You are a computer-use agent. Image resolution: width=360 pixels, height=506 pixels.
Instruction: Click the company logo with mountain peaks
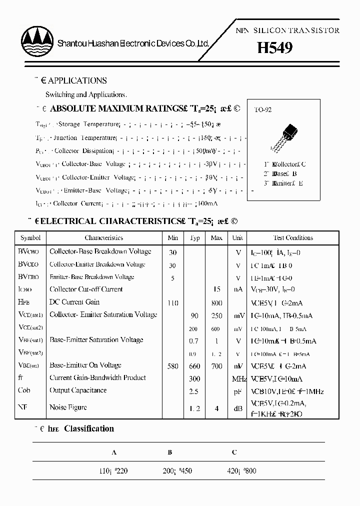click(37, 37)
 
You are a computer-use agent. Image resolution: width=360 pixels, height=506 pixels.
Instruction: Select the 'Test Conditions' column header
click(293, 238)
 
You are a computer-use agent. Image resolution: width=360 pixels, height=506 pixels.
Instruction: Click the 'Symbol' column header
click(30, 238)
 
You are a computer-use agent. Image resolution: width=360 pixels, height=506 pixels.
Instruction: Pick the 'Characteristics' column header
click(103, 238)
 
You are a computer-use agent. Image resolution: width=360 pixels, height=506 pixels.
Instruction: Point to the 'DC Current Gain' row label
click(74, 302)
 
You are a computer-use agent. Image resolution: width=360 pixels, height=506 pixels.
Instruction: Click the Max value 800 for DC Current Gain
click(216, 303)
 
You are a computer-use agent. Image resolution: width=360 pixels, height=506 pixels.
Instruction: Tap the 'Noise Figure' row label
click(68, 407)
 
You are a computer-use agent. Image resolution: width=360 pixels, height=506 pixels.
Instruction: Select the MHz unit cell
click(238, 379)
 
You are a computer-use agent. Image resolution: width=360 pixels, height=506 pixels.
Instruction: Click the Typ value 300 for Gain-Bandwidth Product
click(194, 379)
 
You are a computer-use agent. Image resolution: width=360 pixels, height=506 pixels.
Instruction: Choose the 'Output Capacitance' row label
click(77, 390)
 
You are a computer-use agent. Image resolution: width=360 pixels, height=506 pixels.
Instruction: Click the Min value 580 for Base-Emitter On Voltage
click(172, 366)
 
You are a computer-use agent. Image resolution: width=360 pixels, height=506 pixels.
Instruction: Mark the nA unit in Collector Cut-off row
click(238, 289)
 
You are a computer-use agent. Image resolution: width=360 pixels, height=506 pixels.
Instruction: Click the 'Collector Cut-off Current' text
click(86, 289)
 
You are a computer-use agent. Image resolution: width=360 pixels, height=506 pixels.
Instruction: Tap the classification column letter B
click(170, 452)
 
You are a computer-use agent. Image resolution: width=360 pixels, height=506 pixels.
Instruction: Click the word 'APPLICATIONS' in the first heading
click(77, 80)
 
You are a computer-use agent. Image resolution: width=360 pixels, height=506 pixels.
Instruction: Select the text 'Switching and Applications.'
click(86, 94)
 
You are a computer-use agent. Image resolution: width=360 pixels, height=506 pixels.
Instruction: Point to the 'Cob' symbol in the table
click(24, 390)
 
